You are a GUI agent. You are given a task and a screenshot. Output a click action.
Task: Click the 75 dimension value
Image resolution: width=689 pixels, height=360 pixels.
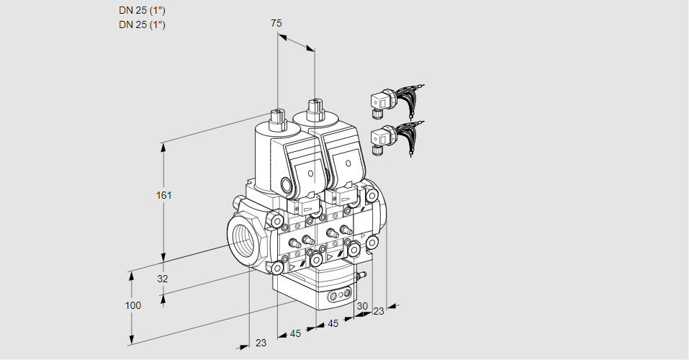tap(276, 24)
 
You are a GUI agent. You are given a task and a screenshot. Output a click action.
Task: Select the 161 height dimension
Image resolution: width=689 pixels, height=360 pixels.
tap(166, 195)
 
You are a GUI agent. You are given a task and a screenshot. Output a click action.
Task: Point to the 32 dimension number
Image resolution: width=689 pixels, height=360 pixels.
tap(162, 279)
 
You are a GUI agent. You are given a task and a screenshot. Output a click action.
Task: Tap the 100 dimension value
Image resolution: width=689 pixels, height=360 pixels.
tap(132, 305)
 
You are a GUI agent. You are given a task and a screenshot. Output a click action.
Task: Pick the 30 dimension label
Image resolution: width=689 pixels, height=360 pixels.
tap(361, 306)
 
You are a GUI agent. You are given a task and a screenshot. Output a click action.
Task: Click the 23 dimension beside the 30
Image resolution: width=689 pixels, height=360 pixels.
tap(378, 311)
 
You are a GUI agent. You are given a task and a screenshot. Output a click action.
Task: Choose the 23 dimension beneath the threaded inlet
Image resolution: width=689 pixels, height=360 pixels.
tap(261, 343)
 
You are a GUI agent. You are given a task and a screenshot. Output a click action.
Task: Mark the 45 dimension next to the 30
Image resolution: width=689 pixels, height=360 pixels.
tap(333, 324)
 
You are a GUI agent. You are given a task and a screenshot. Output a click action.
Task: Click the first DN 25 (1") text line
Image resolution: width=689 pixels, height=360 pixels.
tap(142, 11)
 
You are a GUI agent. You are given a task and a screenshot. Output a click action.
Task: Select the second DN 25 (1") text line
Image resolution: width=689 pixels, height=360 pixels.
tap(142, 25)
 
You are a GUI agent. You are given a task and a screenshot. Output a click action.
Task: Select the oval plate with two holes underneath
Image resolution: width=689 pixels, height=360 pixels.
tap(339, 295)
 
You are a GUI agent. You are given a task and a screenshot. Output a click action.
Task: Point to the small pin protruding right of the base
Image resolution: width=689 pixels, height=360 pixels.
tap(363, 274)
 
